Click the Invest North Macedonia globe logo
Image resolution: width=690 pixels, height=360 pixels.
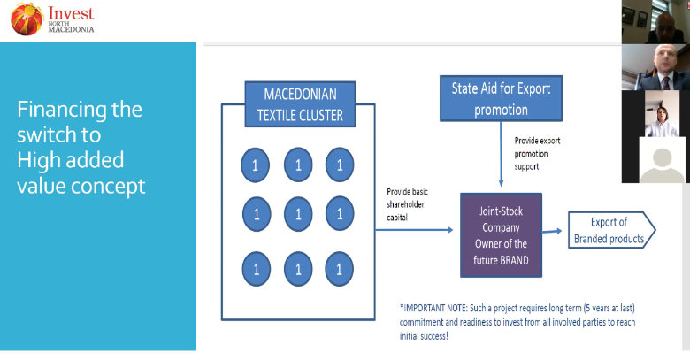pos(27,19)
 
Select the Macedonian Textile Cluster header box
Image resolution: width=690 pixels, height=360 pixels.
pos(298,103)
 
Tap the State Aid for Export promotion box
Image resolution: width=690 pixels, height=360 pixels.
pos(501,99)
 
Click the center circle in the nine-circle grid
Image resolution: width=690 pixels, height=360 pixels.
pos(298,213)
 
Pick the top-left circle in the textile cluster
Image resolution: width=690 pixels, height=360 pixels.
pos(257,165)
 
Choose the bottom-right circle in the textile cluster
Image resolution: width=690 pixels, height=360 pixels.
pos(340,266)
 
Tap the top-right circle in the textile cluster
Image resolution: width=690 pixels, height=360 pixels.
pos(340,165)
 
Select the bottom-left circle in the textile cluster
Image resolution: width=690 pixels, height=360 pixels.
pos(257,266)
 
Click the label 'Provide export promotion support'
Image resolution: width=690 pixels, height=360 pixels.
pos(537,153)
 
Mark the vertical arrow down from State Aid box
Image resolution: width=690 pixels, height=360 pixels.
pos(502,155)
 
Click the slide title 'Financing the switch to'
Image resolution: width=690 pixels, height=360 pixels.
pos(80,123)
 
